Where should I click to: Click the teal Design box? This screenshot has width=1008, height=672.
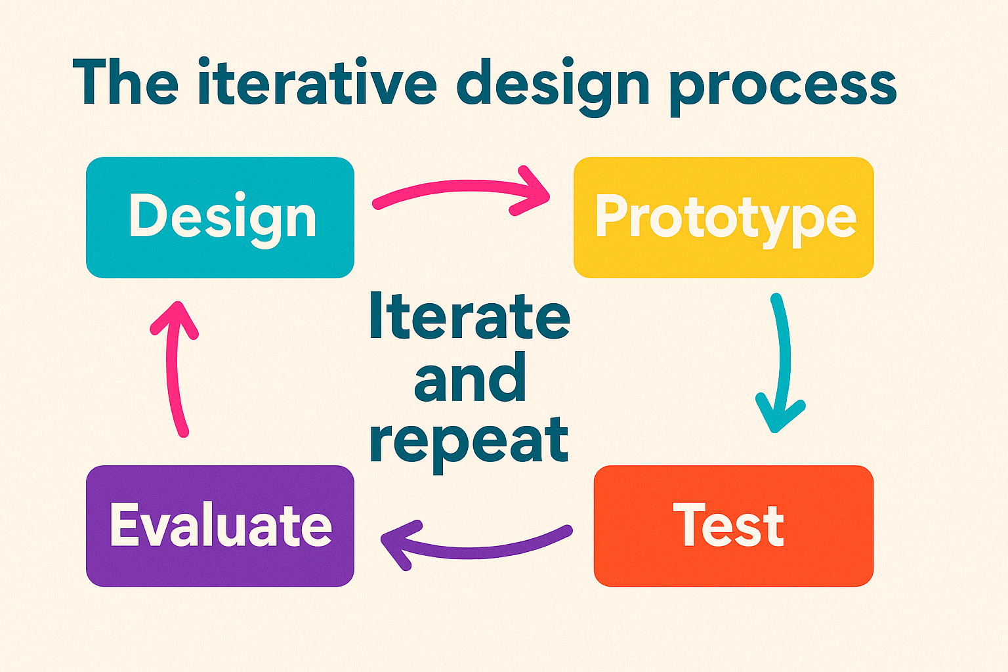point(220,217)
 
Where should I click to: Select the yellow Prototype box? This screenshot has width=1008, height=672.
point(724,217)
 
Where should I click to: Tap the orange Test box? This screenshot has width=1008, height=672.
point(734,526)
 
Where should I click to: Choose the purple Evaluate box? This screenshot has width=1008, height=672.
point(220,526)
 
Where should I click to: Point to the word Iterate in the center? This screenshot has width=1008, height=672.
point(470,315)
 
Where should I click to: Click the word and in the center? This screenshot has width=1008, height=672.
point(470,377)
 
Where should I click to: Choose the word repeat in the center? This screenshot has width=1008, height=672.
point(469,444)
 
